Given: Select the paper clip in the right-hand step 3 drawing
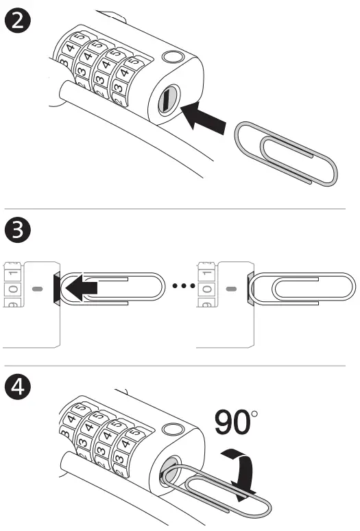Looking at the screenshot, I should (x=302, y=289).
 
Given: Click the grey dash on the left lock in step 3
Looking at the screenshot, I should (x=37, y=289).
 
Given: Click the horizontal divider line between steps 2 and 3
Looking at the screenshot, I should (x=180, y=208).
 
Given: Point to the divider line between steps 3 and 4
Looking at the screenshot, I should (x=180, y=366).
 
